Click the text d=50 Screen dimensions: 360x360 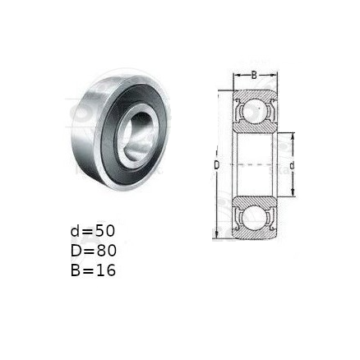(93, 231)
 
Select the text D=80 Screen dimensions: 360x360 (94, 251)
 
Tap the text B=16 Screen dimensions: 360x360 (93, 270)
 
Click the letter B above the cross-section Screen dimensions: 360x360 (255, 75)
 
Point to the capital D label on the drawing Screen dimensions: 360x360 (217, 165)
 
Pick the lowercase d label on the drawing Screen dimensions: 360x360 (293, 165)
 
